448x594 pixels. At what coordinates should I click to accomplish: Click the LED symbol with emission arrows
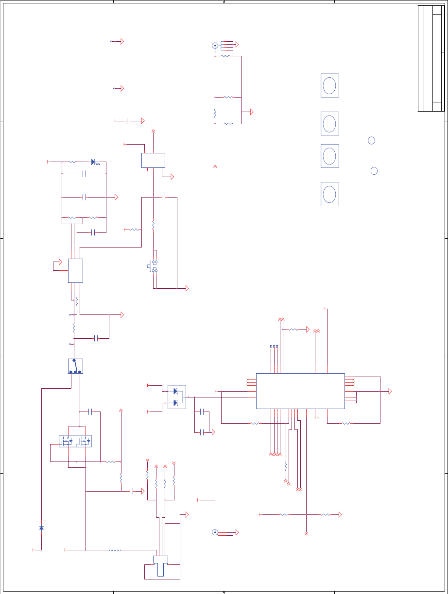(x=93, y=162)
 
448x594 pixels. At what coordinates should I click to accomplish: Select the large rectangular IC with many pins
(x=300, y=391)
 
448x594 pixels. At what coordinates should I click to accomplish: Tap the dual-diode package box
(x=176, y=397)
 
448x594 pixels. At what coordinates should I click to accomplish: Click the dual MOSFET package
(x=75, y=441)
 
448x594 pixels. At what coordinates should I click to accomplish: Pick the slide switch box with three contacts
(x=75, y=366)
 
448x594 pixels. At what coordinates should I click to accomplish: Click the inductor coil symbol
(x=115, y=550)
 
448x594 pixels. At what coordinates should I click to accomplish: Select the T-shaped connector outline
(x=160, y=565)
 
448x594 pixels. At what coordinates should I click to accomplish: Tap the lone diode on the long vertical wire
(x=41, y=528)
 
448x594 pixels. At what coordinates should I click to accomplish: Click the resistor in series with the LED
(x=71, y=162)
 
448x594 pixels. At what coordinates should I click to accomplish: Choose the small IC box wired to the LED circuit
(x=75, y=270)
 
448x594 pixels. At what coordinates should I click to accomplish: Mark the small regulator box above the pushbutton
(x=153, y=160)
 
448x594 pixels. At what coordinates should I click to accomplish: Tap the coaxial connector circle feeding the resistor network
(x=215, y=46)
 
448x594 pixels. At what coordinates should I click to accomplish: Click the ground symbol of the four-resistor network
(x=252, y=112)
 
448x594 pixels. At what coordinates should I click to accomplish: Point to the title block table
(x=431, y=59)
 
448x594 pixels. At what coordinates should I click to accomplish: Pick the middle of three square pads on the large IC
(x=274, y=346)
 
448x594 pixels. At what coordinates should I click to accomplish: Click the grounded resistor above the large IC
(x=293, y=330)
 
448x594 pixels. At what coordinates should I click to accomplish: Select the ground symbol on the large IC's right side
(x=390, y=391)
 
